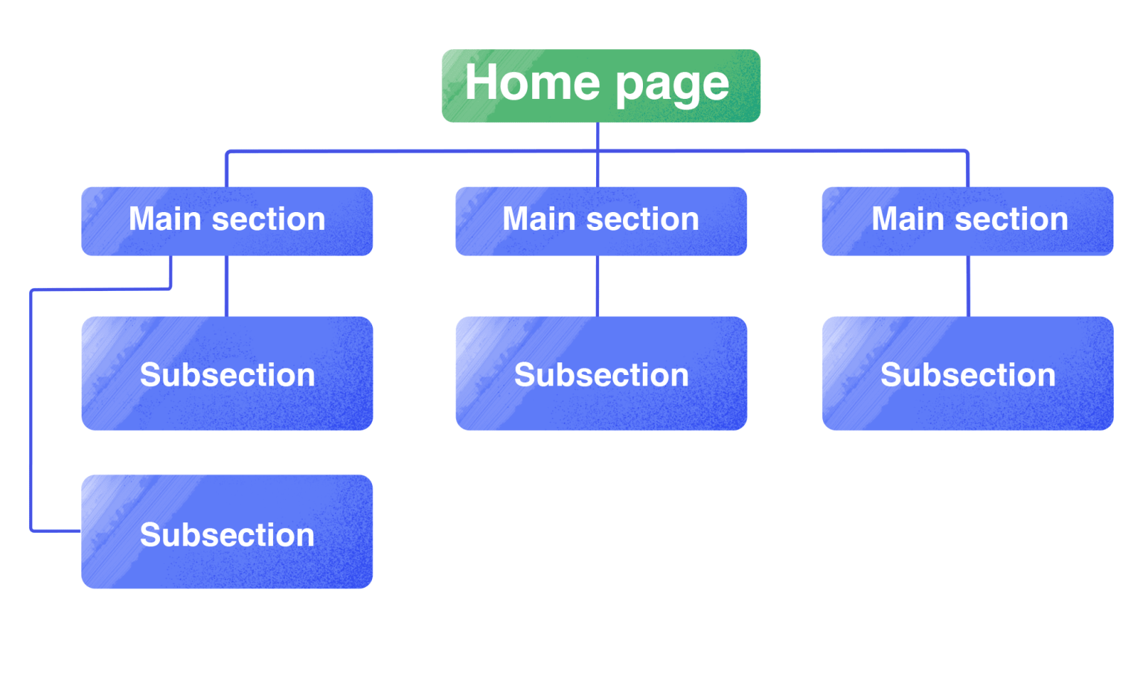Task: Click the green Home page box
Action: [x=601, y=86]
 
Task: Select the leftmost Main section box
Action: [x=227, y=221]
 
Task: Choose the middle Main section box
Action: [x=601, y=221]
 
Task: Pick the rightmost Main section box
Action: [x=967, y=221]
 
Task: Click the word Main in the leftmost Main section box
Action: [x=165, y=220]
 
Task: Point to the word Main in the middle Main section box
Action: [x=539, y=220]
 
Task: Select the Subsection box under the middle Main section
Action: [x=601, y=374]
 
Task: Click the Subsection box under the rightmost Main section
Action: [x=967, y=374]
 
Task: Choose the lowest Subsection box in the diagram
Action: [x=227, y=532]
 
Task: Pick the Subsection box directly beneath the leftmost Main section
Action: [x=227, y=374]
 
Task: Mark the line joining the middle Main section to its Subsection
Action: [x=598, y=286]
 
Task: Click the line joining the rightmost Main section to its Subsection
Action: [x=968, y=286]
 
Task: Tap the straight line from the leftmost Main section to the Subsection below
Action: [x=227, y=286]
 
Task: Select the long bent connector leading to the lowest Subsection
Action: [x=31, y=409]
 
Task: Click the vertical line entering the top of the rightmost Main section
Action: [x=967, y=170]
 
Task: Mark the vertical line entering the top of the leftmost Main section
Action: [x=227, y=170]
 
